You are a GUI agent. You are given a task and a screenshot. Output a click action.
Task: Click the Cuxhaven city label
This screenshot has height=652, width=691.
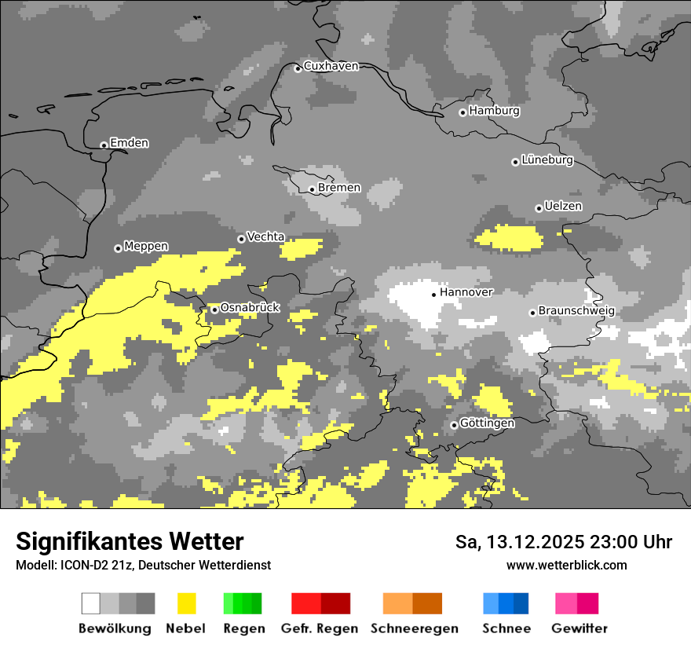[331, 66]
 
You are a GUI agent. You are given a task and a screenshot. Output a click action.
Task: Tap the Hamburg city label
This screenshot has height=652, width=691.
[495, 111]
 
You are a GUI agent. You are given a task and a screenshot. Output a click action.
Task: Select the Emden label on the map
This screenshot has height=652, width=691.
[129, 143]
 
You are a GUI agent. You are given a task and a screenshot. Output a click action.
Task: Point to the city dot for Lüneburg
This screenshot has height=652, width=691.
[515, 162]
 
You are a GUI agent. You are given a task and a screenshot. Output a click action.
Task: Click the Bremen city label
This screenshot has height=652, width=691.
[339, 188]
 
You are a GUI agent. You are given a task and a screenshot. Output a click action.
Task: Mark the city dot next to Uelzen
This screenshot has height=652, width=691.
[539, 208]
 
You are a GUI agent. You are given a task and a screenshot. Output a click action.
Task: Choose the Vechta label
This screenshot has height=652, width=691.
[265, 236]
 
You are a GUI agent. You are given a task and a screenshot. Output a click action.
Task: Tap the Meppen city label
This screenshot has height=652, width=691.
[146, 247]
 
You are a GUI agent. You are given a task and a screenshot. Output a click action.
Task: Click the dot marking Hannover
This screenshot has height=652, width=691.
[433, 295]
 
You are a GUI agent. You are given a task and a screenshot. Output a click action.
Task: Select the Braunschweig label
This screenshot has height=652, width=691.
[576, 311]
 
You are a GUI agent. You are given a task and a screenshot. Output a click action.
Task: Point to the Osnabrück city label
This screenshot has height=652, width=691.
[250, 308]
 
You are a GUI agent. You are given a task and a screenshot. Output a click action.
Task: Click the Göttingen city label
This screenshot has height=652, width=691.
[487, 423]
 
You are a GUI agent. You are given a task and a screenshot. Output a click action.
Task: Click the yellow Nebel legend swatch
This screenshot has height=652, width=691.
[186, 603]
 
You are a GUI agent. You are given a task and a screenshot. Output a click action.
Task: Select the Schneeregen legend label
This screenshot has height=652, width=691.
[415, 628]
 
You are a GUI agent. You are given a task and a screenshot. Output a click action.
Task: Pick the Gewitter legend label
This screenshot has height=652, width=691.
[579, 628]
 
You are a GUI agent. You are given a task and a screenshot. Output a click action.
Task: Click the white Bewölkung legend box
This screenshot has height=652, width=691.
[91, 603]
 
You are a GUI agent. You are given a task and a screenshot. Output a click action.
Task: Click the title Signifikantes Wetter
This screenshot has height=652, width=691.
[130, 541]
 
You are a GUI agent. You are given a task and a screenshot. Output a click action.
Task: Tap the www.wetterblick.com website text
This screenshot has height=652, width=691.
[567, 565]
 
